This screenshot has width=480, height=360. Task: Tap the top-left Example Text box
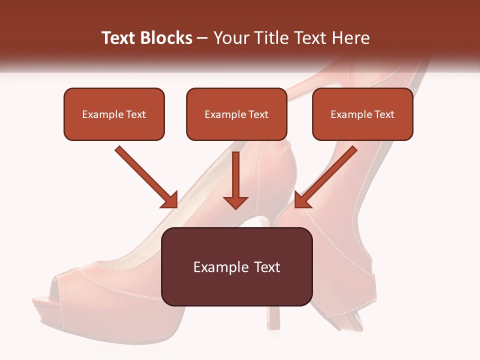(114, 114)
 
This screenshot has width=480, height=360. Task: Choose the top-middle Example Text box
(236, 114)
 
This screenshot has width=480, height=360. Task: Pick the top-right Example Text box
(362, 114)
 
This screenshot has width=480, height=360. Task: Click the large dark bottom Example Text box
(236, 267)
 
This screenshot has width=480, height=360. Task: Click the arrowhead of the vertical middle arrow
(236, 201)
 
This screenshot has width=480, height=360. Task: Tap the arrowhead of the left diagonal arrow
(170, 200)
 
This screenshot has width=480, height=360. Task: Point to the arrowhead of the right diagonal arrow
(302, 200)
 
